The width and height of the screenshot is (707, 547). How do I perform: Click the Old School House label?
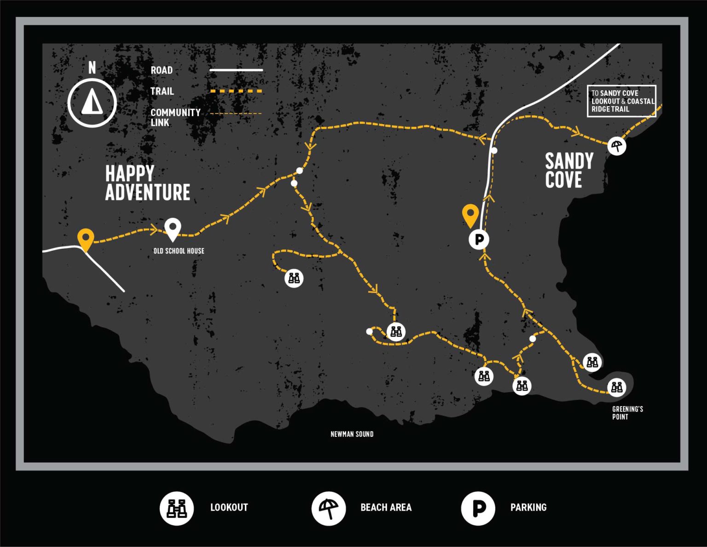point(179,251)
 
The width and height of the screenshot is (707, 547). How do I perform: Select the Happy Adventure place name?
point(147,182)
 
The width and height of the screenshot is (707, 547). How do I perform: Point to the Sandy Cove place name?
point(569,171)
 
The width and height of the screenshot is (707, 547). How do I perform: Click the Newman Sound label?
point(352,434)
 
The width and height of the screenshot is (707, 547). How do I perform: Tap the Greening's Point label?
point(628,413)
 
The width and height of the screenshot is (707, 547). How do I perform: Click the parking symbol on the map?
point(479,240)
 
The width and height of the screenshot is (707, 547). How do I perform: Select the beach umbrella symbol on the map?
point(616,146)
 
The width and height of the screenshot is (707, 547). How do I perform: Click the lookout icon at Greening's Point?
point(616,387)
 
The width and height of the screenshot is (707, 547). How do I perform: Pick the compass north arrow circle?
point(92,103)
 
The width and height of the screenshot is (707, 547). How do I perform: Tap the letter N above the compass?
point(92,68)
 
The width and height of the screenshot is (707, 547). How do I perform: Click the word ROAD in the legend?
point(162,70)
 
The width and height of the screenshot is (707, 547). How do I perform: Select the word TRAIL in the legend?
point(162,91)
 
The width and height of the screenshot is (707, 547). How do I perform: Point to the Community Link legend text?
point(176,118)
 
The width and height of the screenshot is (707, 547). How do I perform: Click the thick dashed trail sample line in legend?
point(236,91)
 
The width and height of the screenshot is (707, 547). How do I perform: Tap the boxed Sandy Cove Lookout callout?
point(622,101)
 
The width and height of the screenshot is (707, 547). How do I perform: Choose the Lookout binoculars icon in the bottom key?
point(177,508)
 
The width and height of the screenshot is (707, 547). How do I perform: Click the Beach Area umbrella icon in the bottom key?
point(329,508)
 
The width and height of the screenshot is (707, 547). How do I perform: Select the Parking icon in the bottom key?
point(478,508)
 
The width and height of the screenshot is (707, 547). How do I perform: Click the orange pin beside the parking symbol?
point(470,215)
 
